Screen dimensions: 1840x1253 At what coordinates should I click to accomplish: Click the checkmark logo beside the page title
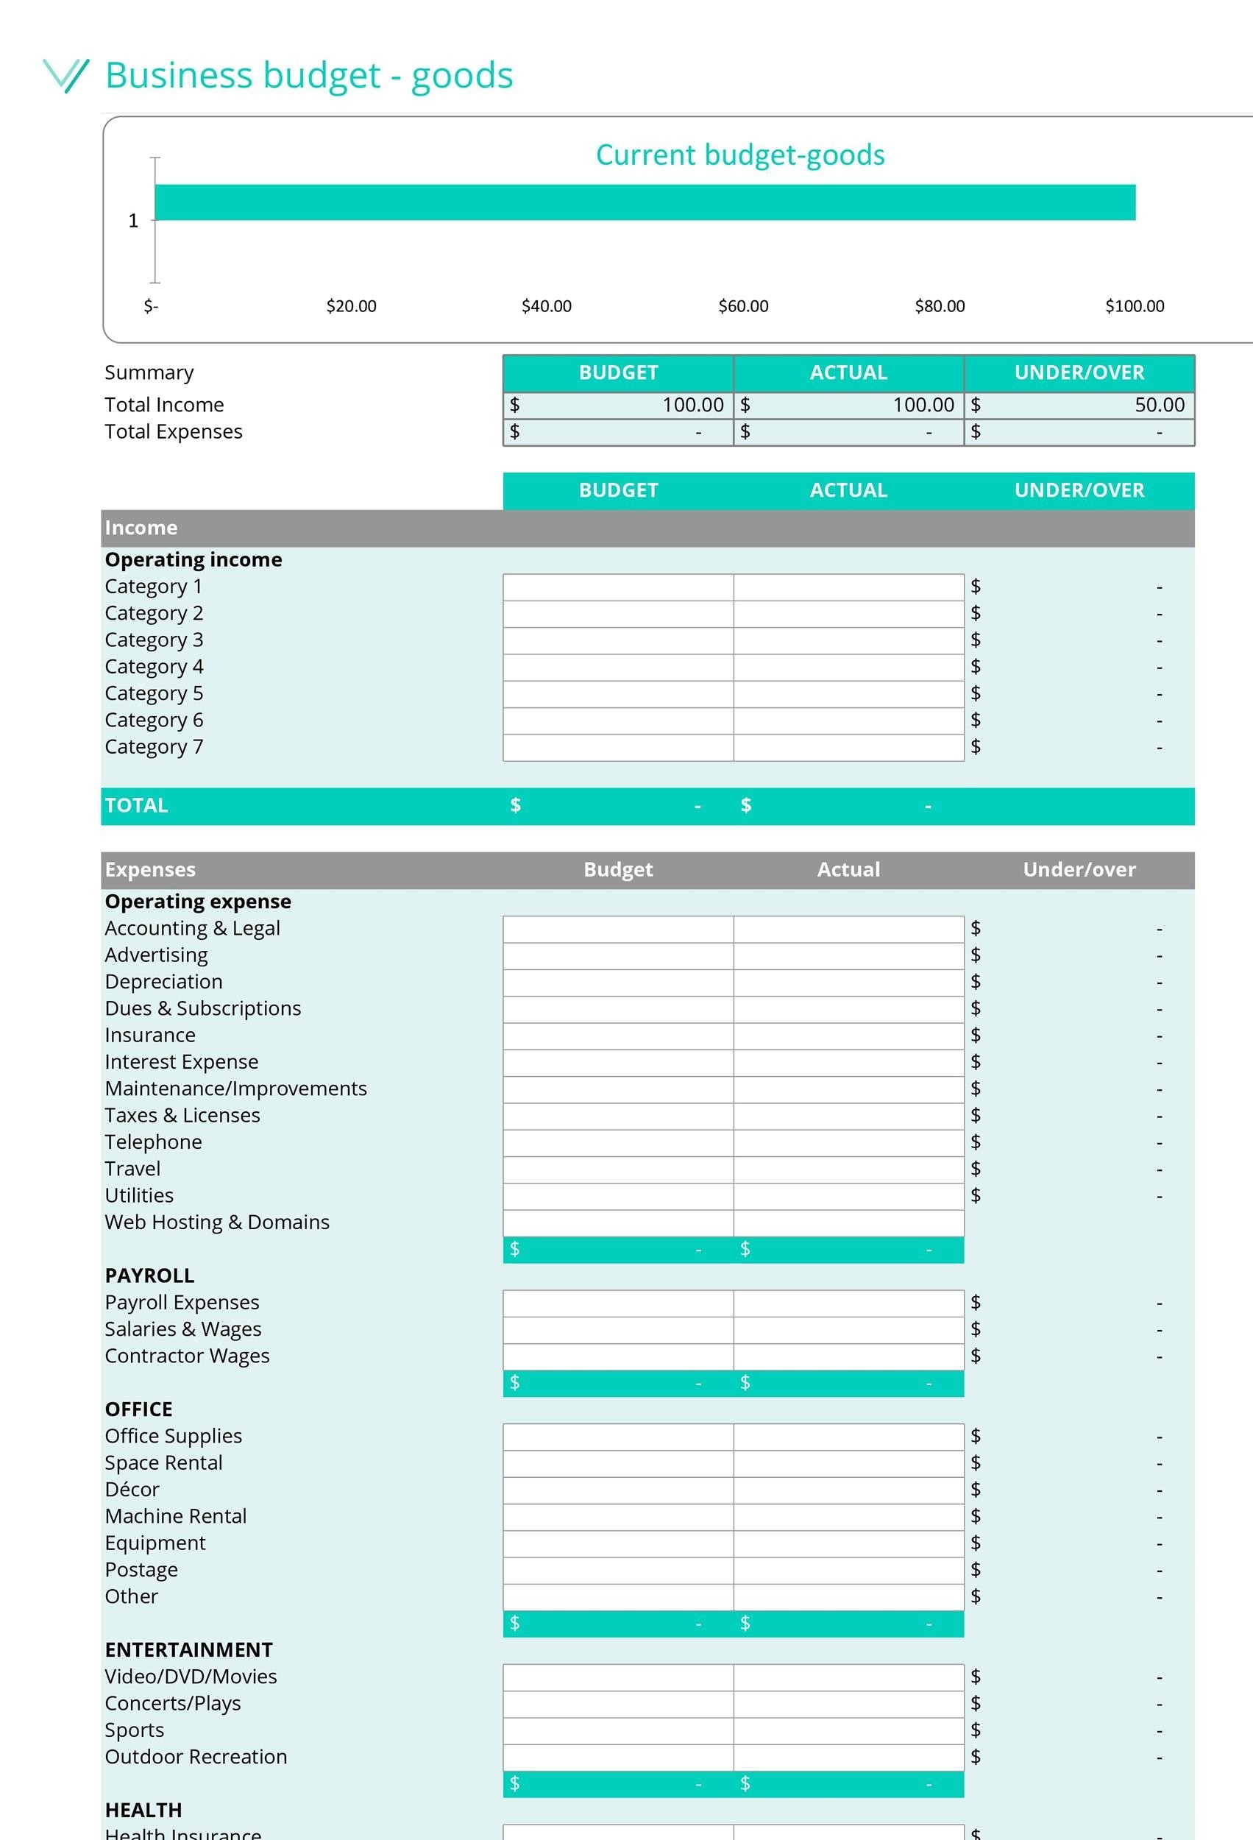point(65,75)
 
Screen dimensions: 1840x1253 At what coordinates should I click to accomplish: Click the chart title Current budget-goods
point(739,155)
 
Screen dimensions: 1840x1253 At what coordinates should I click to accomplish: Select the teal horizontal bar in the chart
point(645,202)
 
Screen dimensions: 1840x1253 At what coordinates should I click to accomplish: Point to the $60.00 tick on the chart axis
point(742,306)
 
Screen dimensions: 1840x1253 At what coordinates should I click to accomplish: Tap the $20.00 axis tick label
point(351,306)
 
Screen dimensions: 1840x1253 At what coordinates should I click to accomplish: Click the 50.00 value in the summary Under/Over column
point(1159,406)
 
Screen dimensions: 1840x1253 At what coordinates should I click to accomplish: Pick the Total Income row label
point(164,406)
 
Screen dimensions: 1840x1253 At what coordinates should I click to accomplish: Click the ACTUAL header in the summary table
point(848,373)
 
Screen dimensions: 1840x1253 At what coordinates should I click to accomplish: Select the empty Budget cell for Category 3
point(617,640)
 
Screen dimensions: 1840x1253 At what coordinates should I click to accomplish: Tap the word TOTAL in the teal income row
point(136,806)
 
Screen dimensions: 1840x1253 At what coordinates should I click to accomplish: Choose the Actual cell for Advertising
point(848,955)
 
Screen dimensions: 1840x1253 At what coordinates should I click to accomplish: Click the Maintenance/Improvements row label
point(236,1089)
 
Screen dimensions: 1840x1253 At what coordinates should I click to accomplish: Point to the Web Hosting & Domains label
point(217,1222)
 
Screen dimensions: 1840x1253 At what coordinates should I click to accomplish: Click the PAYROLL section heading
point(149,1275)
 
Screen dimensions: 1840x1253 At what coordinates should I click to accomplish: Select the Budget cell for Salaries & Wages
point(617,1330)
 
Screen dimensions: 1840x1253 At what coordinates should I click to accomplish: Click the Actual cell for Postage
point(848,1570)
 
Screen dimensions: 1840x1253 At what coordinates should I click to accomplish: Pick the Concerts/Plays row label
point(173,1704)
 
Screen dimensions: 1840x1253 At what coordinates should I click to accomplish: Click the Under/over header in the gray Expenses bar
point(1078,870)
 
